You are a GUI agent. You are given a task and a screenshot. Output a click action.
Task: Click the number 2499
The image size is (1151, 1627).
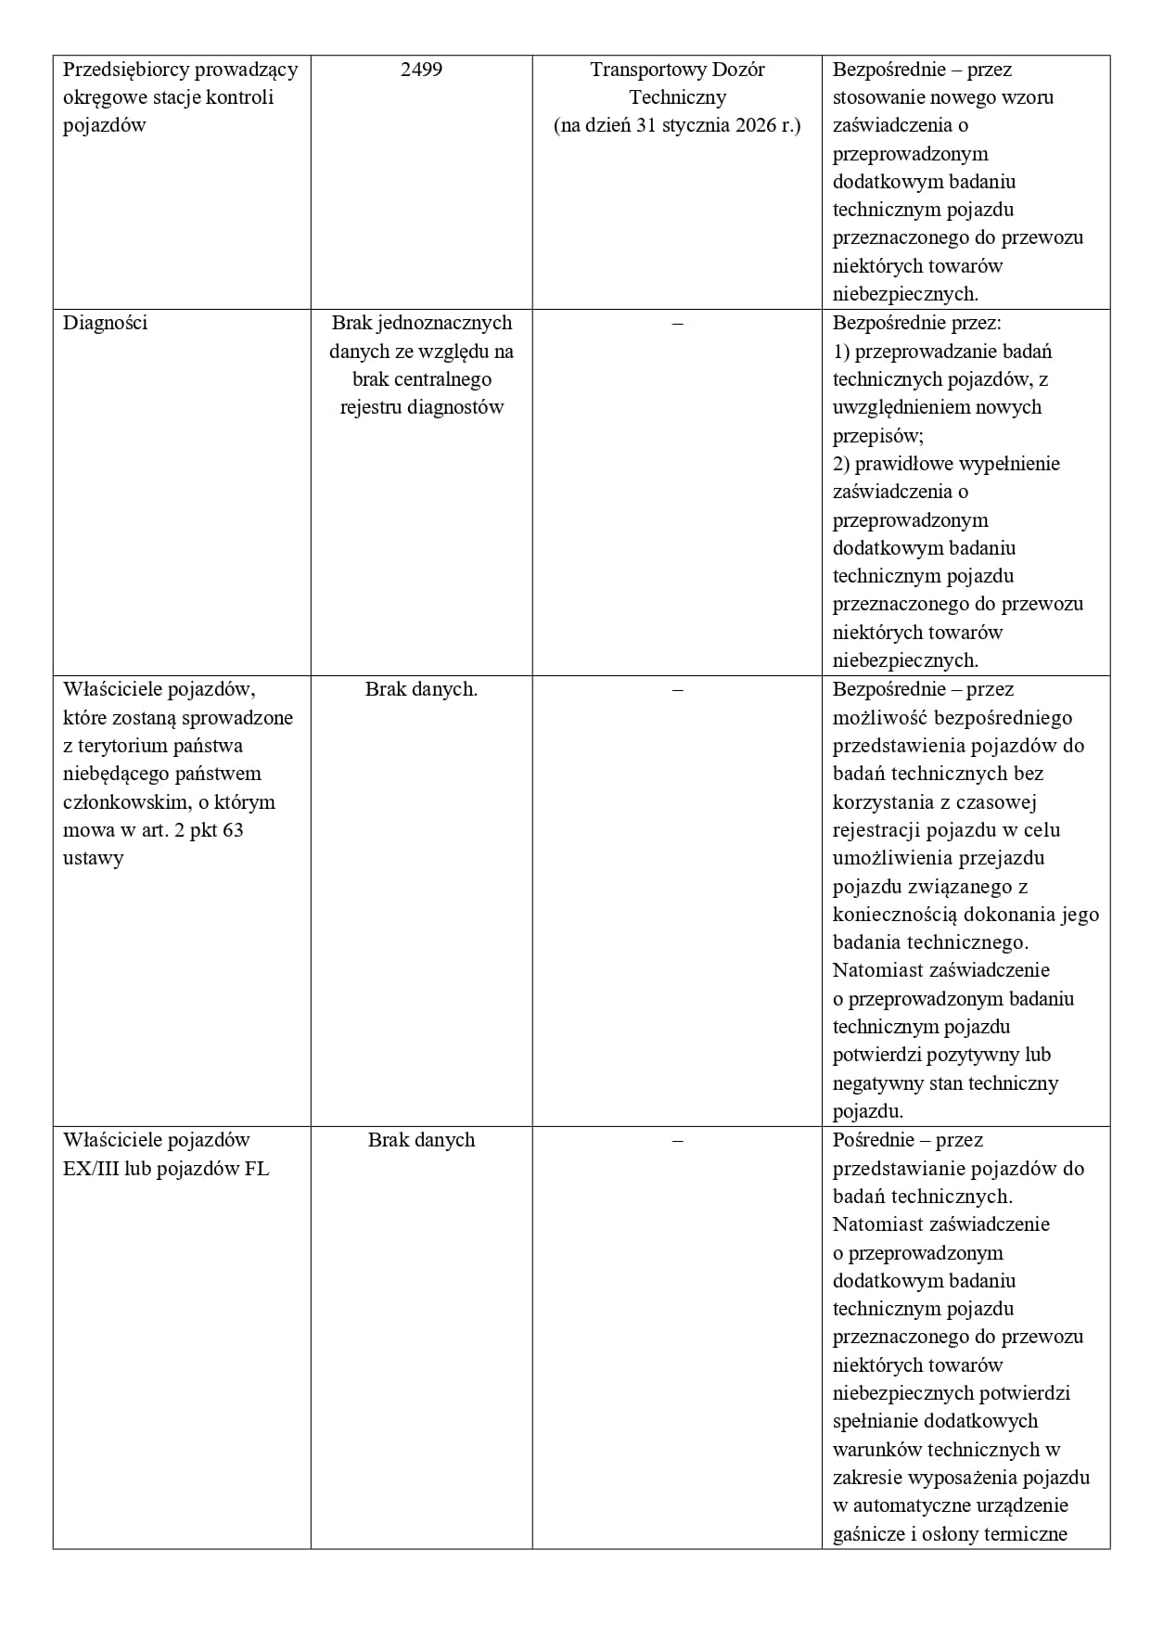(421, 70)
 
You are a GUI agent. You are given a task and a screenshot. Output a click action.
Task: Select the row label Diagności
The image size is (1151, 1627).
(105, 323)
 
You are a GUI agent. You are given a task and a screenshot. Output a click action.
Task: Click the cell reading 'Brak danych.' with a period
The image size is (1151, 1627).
(421, 689)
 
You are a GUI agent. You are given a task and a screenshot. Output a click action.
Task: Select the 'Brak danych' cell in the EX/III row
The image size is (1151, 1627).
(421, 1140)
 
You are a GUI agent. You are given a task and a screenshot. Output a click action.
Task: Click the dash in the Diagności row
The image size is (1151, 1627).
(677, 323)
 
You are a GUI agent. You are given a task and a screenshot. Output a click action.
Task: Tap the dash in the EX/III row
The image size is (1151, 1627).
(677, 1140)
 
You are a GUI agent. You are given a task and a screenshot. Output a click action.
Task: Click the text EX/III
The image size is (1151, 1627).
(91, 1169)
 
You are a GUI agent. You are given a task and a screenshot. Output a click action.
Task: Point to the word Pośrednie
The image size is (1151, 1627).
(874, 1140)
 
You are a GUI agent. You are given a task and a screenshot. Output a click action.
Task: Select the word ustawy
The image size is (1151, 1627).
(93, 858)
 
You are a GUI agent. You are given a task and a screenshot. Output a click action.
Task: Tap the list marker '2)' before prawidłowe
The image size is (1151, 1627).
(841, 464)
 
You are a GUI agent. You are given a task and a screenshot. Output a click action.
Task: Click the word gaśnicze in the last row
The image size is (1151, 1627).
(870, 1533)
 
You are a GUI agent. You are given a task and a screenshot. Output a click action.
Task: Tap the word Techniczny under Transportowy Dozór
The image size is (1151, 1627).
(677, 97)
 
